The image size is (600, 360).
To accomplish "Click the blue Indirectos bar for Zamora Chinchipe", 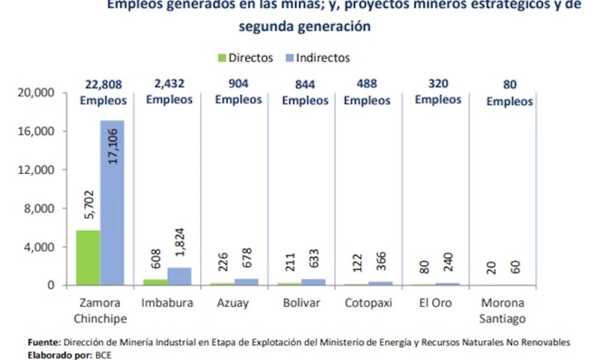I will [x=112, y=202].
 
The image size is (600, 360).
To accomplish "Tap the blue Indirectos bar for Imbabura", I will [x=180, y=276].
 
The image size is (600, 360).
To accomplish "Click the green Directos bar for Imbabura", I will [x=155, y=282].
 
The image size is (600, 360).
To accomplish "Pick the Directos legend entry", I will [x=245, y=58].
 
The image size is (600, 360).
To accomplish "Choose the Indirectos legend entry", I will [x=317, y=58].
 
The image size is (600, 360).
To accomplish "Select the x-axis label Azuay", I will [x=233, y=304].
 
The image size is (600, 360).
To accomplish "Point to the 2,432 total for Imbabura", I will [x=169, y=83].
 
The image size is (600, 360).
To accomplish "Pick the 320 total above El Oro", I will [x=438, y=83].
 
